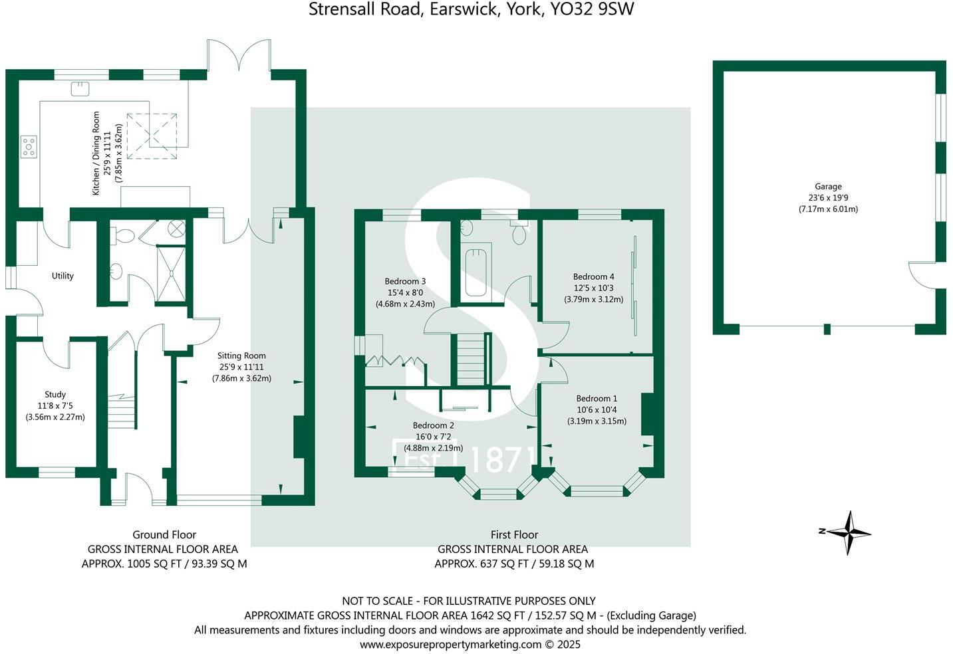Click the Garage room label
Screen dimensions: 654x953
[828, 187]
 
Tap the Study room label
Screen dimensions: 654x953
[55, 394]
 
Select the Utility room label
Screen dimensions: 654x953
[63, 276]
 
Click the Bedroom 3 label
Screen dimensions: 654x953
[405, 281]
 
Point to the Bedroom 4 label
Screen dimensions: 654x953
[593, 276]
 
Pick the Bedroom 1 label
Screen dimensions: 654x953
[597, 399]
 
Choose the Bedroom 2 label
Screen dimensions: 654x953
[433, 425]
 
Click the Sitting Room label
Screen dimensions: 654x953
[241, 356]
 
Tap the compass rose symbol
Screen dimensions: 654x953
[848, 532]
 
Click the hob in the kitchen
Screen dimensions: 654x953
[29, 146]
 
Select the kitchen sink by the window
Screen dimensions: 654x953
[81, 88]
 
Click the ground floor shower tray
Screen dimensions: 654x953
[172, 272]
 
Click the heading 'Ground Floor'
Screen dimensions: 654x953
[164, 534]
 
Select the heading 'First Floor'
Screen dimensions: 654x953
[514, 534]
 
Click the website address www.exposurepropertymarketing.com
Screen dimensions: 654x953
[450, 644]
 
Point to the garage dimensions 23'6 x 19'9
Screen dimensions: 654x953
[828, 197]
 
